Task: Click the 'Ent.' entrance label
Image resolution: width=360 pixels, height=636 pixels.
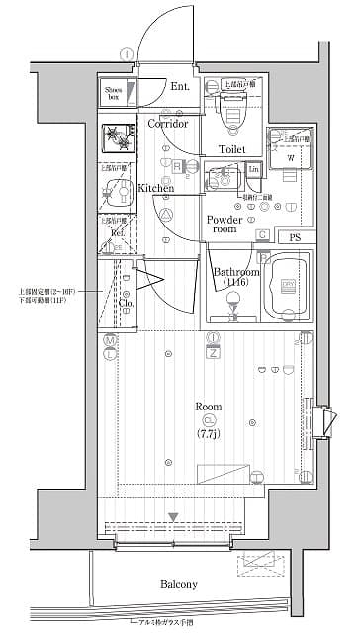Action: click(x=179, y=87)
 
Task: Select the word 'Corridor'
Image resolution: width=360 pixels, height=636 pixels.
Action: click(x=168, y=125)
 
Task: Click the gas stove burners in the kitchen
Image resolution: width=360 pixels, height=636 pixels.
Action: click(x=118, y=138)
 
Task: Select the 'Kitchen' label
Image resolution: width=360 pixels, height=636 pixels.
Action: click(x=155, y=187)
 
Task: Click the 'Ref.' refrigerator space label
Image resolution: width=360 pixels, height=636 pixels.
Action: click(x=117, y=233)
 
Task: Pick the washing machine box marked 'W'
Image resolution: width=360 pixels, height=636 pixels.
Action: click(x=289, y=155)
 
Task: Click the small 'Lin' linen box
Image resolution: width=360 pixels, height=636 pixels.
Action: click(x=253, y=171)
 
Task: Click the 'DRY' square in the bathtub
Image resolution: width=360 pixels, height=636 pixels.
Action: click(x=290, y=284)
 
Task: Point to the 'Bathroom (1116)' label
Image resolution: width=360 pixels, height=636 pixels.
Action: click(x=235, y=277)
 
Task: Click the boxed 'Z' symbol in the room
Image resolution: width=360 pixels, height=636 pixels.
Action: click(x=213, y=352)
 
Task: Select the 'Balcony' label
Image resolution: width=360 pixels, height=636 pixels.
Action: click(x=179, y=584)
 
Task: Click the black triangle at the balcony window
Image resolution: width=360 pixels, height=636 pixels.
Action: click(x=173, y=516)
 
